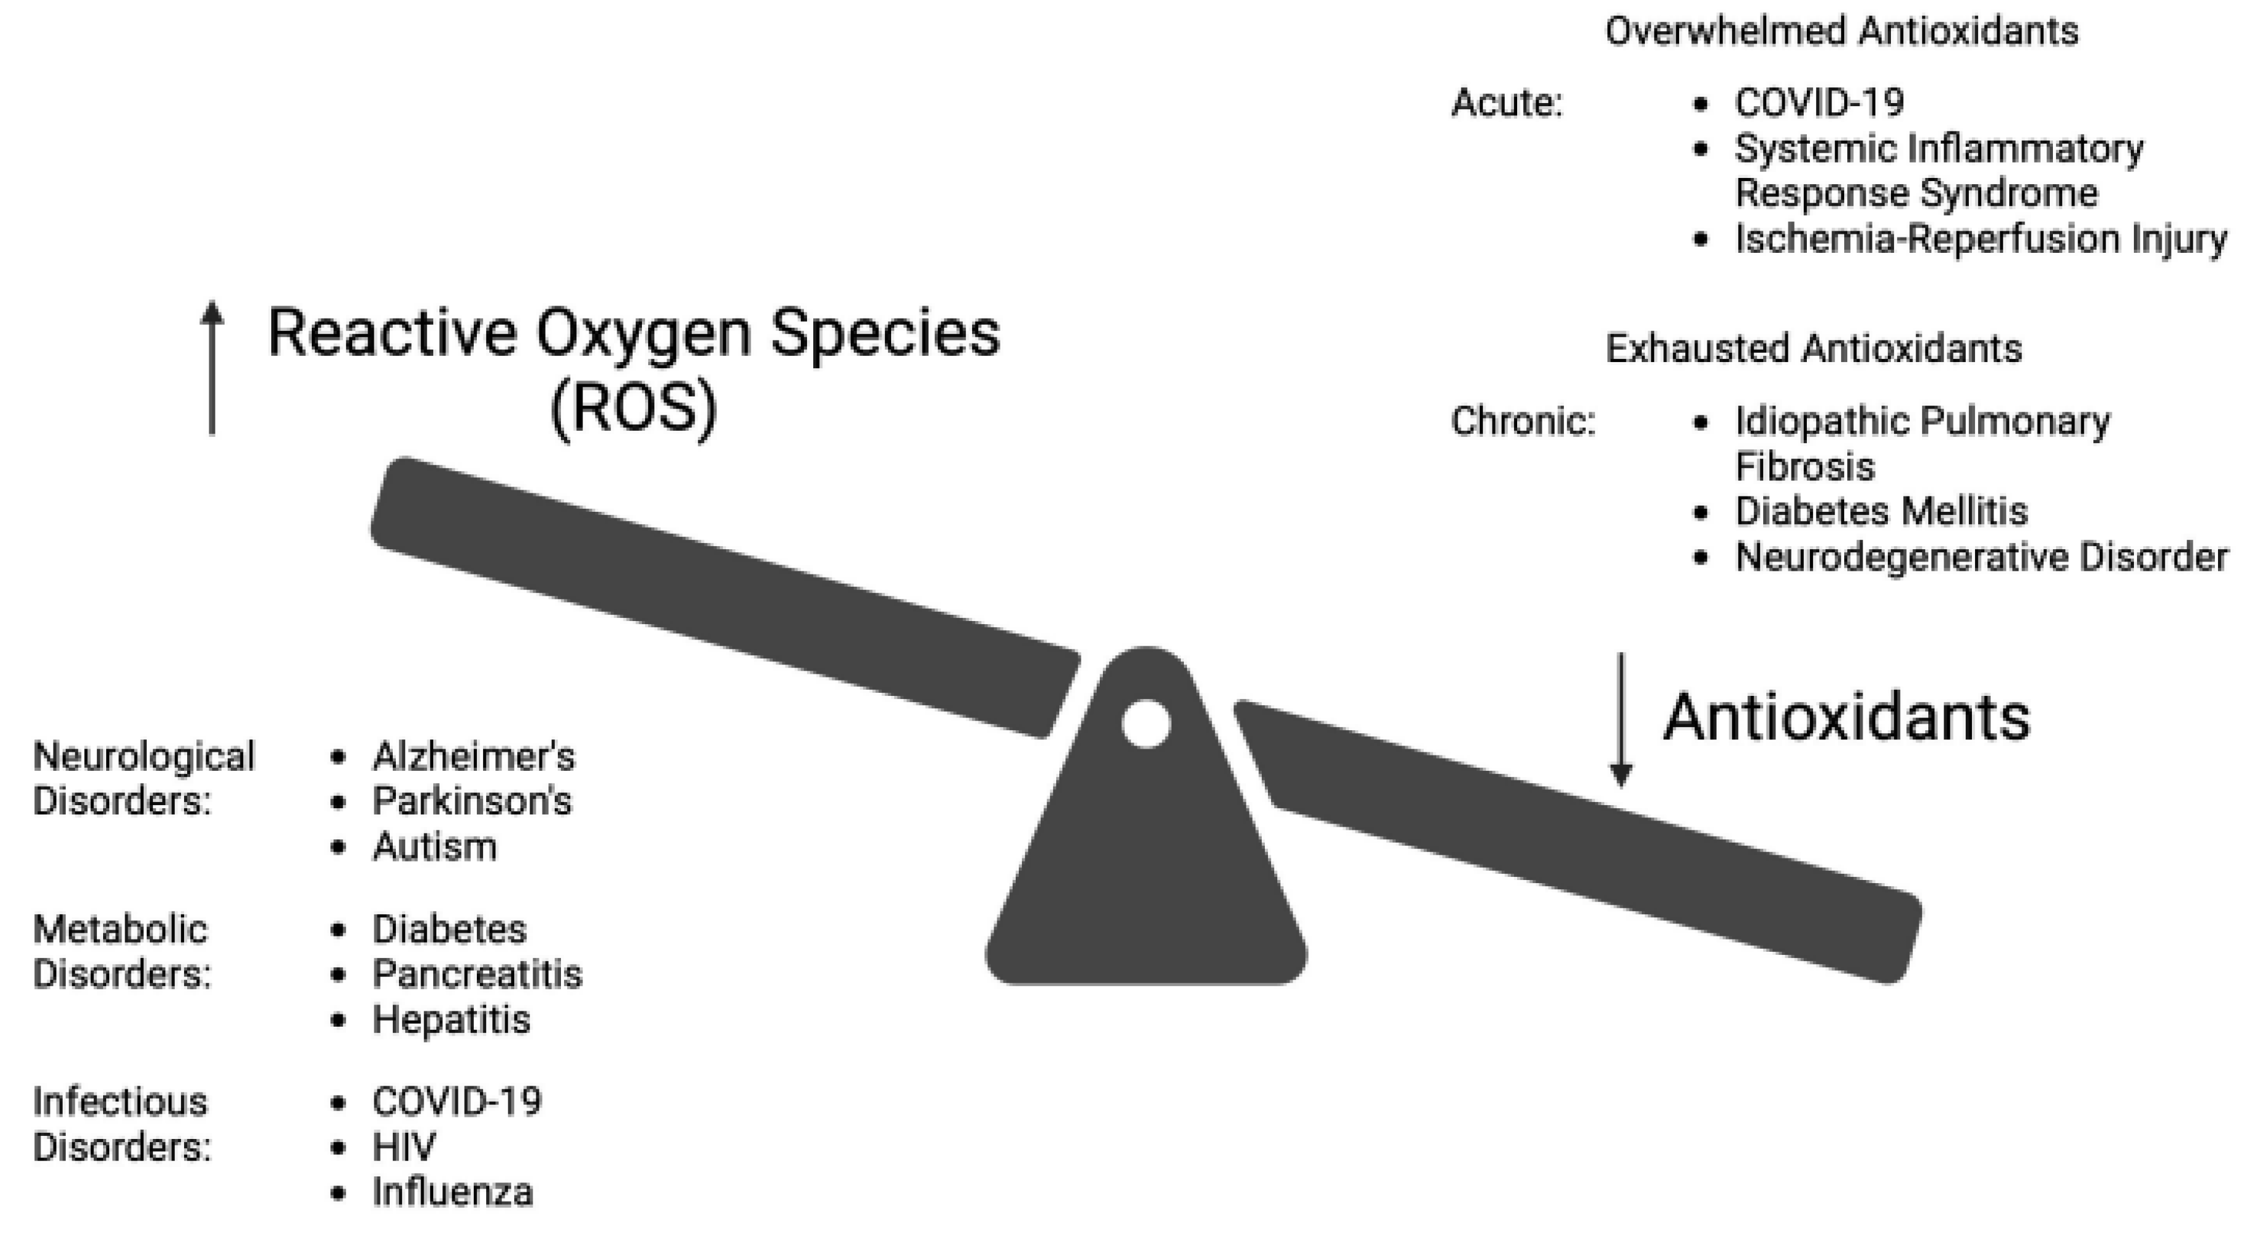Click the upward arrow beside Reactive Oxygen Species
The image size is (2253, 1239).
(212, 367)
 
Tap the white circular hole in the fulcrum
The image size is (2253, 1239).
(1146, 723)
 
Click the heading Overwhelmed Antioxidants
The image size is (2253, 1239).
(1841, 31)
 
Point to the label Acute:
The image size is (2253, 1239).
(1506, 103)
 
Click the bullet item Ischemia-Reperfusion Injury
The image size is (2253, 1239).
(1980, 239)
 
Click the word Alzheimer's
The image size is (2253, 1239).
(473, 756)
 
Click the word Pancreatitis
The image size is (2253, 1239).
(477, 974)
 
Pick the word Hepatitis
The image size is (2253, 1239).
(451, 1019)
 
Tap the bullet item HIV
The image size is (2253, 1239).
(404, 1146)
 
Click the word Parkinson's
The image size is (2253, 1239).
(471, 801)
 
